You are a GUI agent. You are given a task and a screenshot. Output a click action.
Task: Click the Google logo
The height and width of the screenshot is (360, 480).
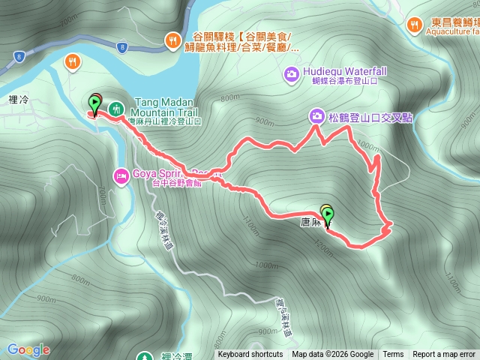[x=28, y=349]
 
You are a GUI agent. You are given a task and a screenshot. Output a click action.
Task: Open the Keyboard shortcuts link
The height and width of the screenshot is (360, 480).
[x=250, y=355]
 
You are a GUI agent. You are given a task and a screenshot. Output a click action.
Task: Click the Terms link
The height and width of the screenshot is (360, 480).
[x=393, y=355]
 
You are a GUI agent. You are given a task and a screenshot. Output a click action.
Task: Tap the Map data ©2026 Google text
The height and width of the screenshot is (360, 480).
[x=333, y=355]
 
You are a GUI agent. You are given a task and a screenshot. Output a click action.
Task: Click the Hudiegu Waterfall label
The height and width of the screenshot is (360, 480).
[x=345, y=72]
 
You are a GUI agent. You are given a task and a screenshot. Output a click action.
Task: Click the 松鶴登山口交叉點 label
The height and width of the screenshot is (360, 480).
[x=370, y=117]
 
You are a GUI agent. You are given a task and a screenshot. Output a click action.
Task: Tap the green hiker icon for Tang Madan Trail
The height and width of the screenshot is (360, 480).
[x=115, y=109]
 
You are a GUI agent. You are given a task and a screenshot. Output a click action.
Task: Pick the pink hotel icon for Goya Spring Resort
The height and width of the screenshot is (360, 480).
[x=120, y=176]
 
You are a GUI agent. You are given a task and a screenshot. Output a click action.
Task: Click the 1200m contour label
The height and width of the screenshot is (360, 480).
[x=323, y=244]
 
